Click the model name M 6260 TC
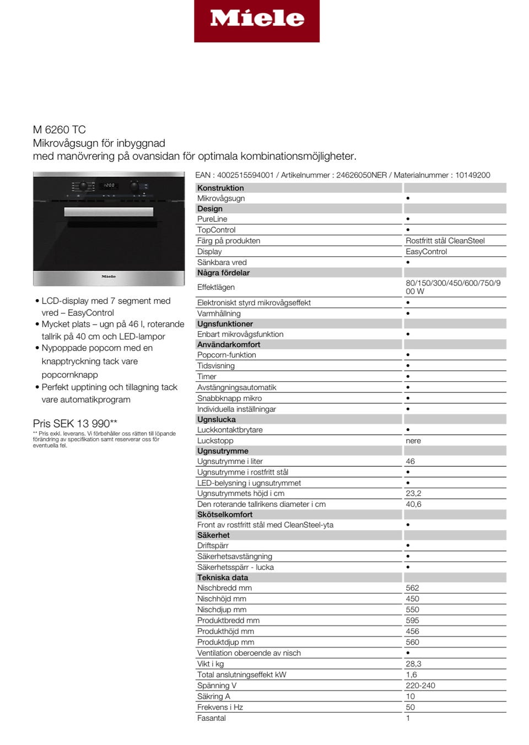pyautogui.click(x=60, y=130)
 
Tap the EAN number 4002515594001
pyautogui.click(x=245, y=175)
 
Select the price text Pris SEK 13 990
pyautogui.click(x=75, y=423)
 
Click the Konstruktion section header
pyautogui.click(x=220, y=188)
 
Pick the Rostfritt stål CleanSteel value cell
pyautogui.click(x=445, y=241)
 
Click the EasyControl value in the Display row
pyautogui.click(x=427, y=252)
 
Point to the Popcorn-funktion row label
pyautogui.click(x=226, y=355)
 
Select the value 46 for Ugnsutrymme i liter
pyautogui.click(x=411, y=461)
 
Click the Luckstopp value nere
pyautogui.click(x=413, y=441)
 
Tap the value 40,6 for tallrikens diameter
pyautogui.click(x=413, y=504)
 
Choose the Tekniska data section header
pyautogui.click(x=223, y=577)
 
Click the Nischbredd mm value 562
pyautogui.click(x=412, y=588)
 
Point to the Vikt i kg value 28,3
pyautogui.click(x=413, y=664)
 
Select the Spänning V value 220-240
pyautogui.click(x=420, y=685)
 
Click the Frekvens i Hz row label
pyautogui.click(x=220, y=707)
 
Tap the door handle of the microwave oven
pyautogui.click(x=109, y=212)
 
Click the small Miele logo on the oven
pyautogui.click(x=109, y=277)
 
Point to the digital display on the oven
pyautogui.click(x=109, y=185)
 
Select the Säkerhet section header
pyautogui.click(x=213, y=535)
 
